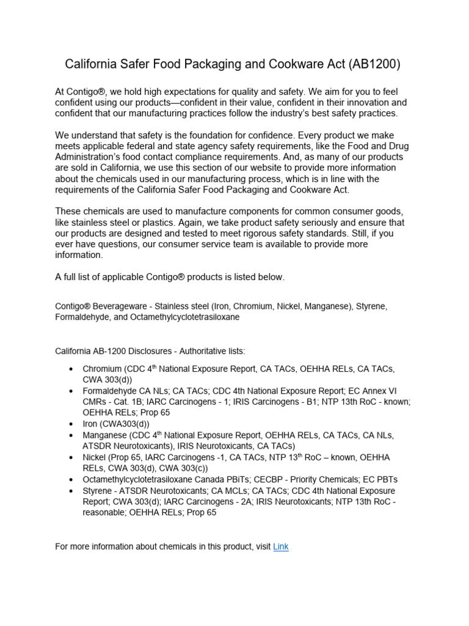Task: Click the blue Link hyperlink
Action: pos(280,547)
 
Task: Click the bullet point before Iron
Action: pos(71,424)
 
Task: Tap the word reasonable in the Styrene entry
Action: pos(105,512)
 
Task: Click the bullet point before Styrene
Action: pos(71,490)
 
